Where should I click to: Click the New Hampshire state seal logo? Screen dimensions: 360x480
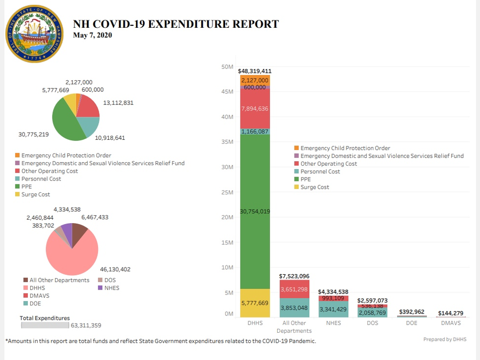click(x=34, y=34)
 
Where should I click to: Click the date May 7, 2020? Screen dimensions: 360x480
click(x=92, y=35)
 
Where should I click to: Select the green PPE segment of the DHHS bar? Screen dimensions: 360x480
click(x=255, y=212)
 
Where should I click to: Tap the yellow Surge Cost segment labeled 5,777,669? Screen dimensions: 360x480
click(x=255, y=303)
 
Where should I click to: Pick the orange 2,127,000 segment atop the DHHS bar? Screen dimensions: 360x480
click(x=255, y=80)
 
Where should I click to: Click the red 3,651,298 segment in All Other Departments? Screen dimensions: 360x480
click(x=295, y=289)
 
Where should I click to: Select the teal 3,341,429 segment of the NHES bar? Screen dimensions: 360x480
click(x=334, y=309)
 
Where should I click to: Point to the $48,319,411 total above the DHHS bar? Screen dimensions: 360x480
click(x=255, y=71)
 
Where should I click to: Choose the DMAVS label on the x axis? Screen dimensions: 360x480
click(x=451, y=323)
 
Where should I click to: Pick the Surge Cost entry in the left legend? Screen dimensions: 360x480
click(x=35, y=194)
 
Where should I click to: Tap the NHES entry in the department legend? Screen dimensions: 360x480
click(x=112, y=288)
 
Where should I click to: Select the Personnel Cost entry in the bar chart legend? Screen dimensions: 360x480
click(x=320, y=172)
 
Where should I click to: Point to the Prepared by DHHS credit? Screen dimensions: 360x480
click(x=444, y=340)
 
